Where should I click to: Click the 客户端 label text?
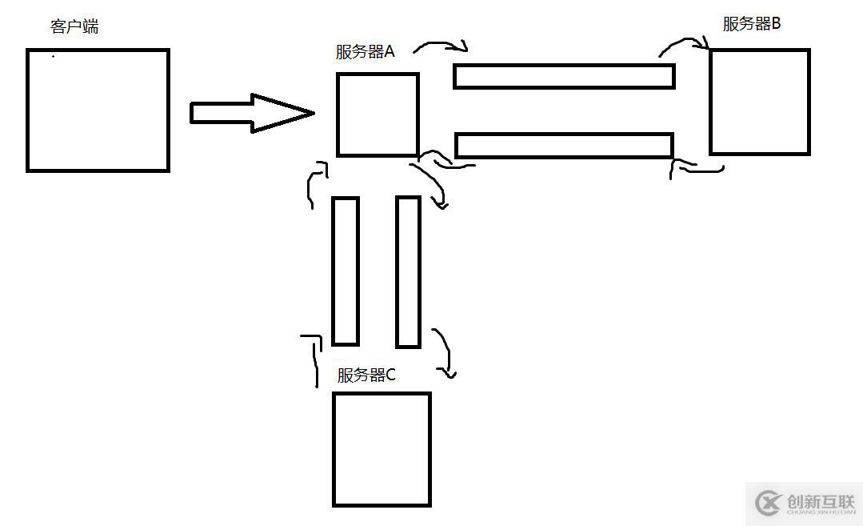click(x=74, y=26)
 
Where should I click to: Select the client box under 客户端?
click(x=98, y=110)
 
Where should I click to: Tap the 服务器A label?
click(x=365, y=52)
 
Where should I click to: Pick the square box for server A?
click(x=378, y=114)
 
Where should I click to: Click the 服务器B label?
click(x=751, y=24)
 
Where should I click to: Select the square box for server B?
click(x=759, y=102)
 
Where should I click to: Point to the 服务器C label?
click(x=366, y=375)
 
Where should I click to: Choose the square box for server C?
click(x=382, y=449)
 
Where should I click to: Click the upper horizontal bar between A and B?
click(x=564, y=76)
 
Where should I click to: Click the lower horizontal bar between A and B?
click(x=564, y=145)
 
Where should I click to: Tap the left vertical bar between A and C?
click(x=346, y=271)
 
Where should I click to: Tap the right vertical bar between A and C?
click(x=408, y=271)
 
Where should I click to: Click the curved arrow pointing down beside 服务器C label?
click(x=445, y=352)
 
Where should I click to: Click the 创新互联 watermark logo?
click(x=803, y=504)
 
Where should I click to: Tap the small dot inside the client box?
click(x=54, y=57)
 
